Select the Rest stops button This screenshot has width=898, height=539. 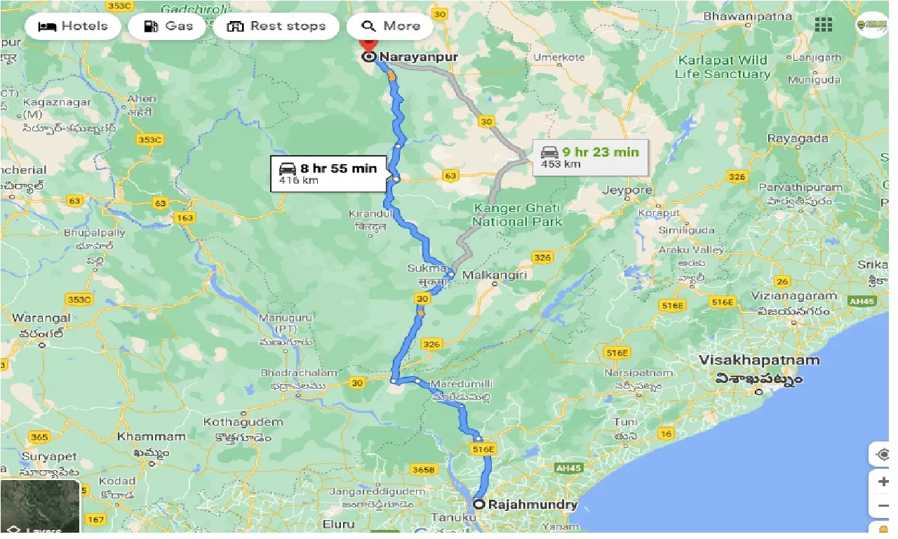276,27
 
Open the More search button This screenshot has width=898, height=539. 390,27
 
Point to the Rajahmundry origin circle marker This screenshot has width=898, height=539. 478,504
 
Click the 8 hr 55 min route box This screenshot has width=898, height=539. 329,173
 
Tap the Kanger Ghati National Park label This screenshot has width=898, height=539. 518,215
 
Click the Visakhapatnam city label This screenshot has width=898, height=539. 759,361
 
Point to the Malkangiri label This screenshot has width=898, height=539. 495,275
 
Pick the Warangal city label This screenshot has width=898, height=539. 41,318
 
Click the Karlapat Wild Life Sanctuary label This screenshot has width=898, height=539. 723,67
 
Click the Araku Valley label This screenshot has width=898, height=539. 691,250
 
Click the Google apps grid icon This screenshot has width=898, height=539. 824,25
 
